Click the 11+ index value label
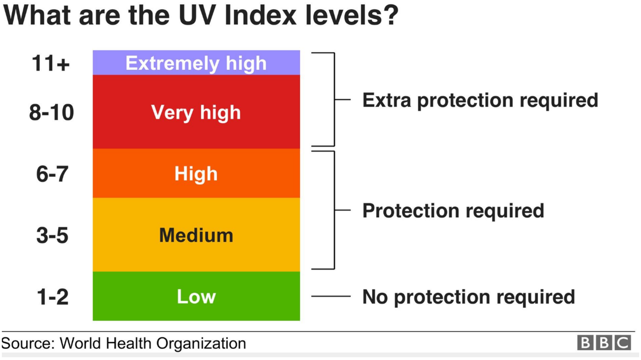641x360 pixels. (x=50, y=63)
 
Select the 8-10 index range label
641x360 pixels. (x=51, y=113)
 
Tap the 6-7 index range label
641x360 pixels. (x=52, y=174)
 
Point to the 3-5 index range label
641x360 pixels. (x=52, y=235)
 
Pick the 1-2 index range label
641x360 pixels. (x=52, y=297)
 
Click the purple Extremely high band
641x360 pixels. (x=196, y=63)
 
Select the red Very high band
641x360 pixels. (x=196, y=130)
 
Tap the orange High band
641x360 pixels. (x=196, y=186)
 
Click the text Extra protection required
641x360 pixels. (x=480, y=100)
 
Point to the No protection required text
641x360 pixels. (x=468, y=297)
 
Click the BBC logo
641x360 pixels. (x=604, y=343)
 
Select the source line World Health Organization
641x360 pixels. (x=123, y=344)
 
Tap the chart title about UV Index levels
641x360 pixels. (x=200, y=15)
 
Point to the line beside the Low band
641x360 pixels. (x=330, y=296)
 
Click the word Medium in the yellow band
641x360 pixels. (x=196, y=235)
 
